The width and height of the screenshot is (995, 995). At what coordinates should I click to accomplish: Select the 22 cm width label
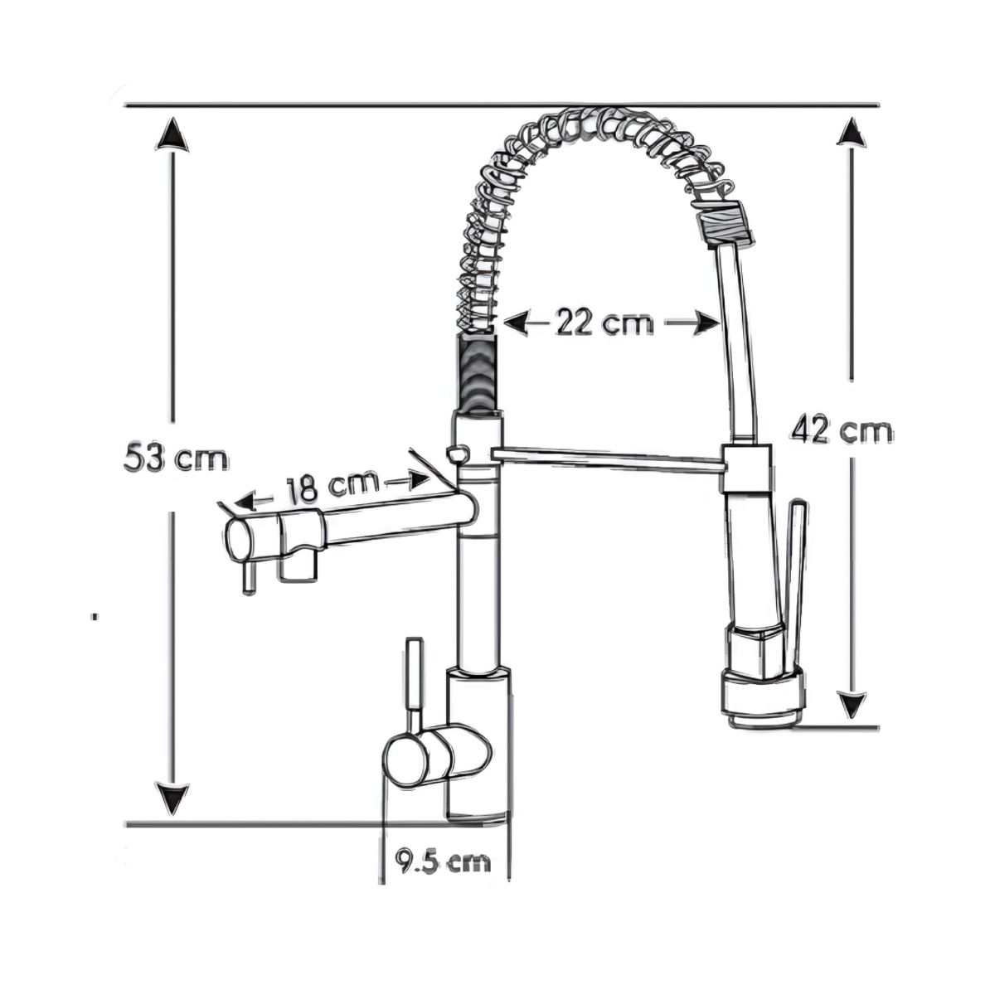[x=604, y=323]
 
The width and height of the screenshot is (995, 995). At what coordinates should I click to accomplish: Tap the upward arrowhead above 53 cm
[x=172, y=134]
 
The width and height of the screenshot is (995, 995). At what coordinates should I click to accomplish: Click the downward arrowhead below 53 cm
[x=172, y=814]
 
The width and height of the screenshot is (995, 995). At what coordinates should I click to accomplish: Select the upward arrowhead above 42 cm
[x=852, y=132]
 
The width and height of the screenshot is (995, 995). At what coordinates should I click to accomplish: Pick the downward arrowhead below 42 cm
[x=852, y=706]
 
